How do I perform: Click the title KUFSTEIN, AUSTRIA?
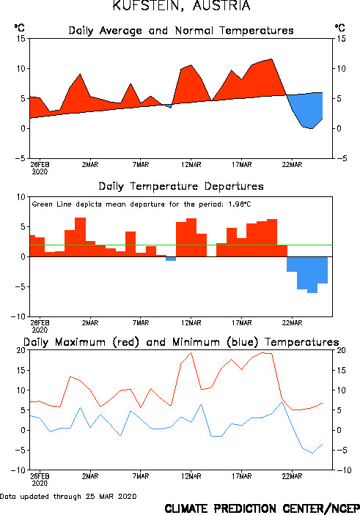click(181, 5)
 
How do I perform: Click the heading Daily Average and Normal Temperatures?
click(181, 31)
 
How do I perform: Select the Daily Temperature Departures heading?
click(181, 187)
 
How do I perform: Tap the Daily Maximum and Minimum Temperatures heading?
click(181, 342)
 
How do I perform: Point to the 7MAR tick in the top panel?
click(141, 165)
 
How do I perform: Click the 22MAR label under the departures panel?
click(292, 323)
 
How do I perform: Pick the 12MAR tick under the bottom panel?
click(191, 476)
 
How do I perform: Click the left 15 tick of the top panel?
click(21, 39)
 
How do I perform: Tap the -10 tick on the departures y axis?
click(18, 316)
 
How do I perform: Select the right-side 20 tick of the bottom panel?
click(341, 350)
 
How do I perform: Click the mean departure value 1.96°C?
click(240, 204)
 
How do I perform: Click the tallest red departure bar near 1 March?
click(80, 237)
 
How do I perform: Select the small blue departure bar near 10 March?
click(171, 259)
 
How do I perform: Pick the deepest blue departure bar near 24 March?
click(312, 275)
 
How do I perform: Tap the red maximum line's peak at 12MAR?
click(191, 352)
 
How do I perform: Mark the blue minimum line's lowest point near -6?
click(312, 453)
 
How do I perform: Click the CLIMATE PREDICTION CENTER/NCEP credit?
click(262, 508)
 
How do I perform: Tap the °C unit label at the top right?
click(340, 27)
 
